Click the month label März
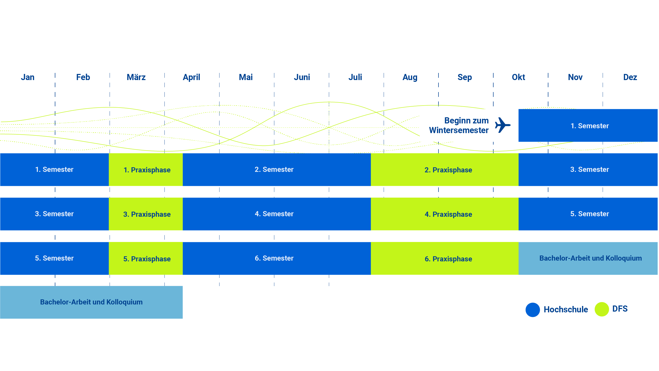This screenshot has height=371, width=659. tap(136, 77)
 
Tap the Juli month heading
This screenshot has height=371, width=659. tap(355, 77)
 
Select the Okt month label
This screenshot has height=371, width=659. tap(518, 77)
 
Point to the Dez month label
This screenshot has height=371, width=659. tap(630, 77)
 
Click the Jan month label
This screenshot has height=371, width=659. tap(28, 77)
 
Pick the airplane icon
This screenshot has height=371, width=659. tap(503, 125)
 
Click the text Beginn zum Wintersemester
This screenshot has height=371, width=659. tap(459, 125)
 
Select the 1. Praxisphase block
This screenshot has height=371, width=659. tap(146, 170)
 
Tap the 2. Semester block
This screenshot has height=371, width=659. tap(277, 170)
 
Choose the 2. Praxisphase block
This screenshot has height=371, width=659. tap(445, 170)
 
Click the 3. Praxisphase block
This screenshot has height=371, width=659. tap(146, 214)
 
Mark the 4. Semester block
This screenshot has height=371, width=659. tap(277, 214)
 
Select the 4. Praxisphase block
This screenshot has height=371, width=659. tap(445, 214)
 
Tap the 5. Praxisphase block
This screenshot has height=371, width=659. tap(146, 258)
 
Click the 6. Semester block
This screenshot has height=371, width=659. tap(277, 258)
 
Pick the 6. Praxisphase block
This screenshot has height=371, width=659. tap(445, 258)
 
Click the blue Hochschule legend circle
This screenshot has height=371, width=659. tap(533, 310)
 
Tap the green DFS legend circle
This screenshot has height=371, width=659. tap(602, 309)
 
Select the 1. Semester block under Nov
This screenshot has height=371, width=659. tap(588, 125)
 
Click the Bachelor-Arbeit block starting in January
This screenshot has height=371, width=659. tap(91, 302)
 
